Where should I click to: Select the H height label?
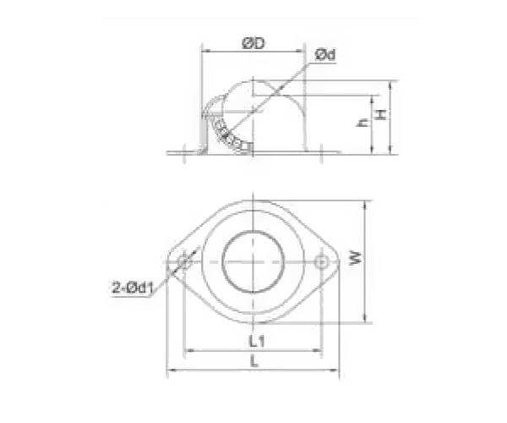point(381,113)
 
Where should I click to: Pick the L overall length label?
point(254,361)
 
